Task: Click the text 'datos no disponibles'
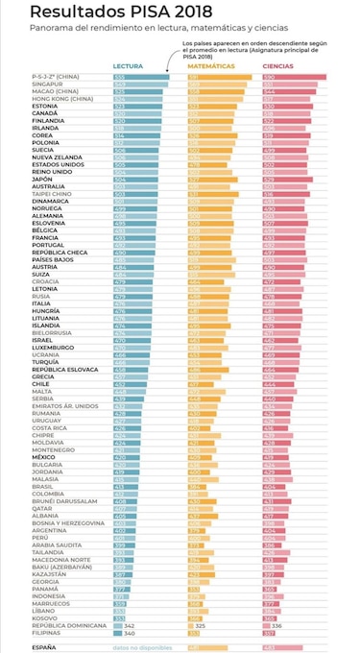point(138,621)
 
